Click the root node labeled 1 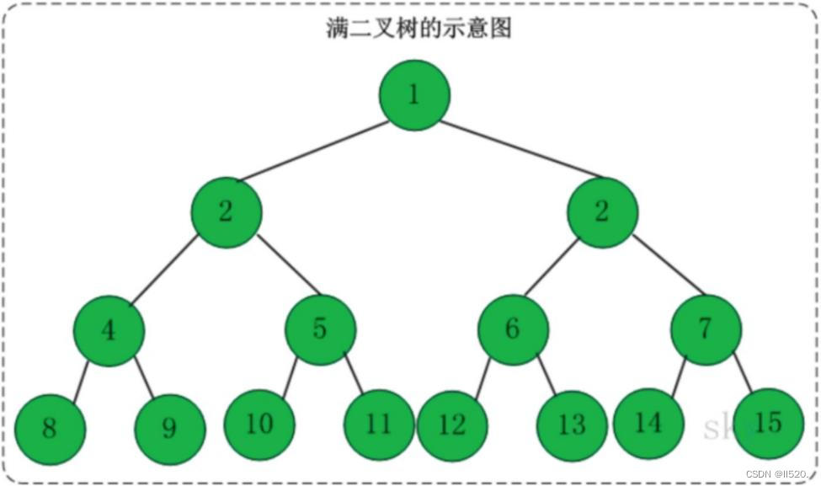point(413,95)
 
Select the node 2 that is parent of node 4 point(226,212)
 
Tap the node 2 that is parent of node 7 point(602,212)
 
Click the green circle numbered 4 point(109,331)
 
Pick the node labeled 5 point(320,329)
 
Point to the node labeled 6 point(513,329)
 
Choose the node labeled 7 point(706,329)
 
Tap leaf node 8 point(50,429)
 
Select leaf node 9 point(170,429)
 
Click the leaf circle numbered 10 point(259,424)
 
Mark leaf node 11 point(380,424)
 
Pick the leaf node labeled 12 point(452,425)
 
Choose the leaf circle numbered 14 point(648,422)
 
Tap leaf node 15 point(769,422)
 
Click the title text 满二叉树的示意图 point(418,29)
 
